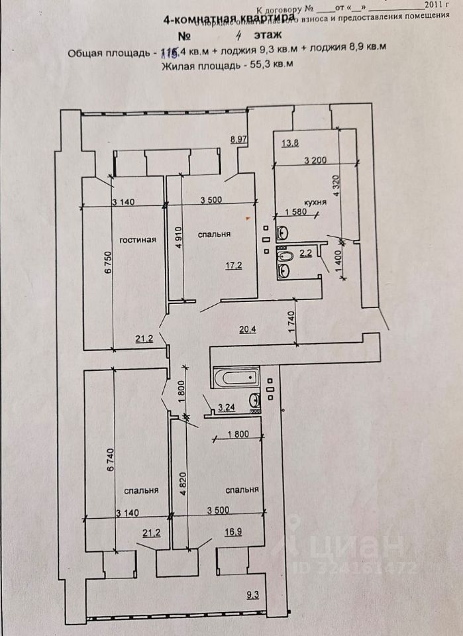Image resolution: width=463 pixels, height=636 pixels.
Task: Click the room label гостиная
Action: [x=138, y=240]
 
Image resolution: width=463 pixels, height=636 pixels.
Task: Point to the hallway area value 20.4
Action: [x=248, y=327]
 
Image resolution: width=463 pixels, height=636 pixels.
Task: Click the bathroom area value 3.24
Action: [x=227, y=409]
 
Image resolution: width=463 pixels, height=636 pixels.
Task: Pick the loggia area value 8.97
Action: [x=238, y=139]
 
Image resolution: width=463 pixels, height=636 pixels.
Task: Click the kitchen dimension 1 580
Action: [x=297, y=212]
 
